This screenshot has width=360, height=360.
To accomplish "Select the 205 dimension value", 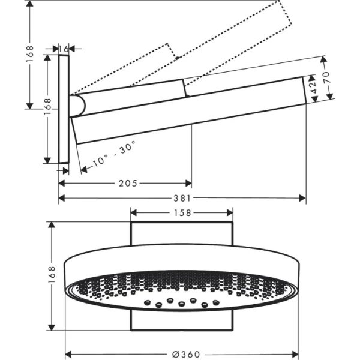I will [x=128, y=182].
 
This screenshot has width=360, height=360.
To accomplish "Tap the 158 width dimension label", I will [x=182, y=212].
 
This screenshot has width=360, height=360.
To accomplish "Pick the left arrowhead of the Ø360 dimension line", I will [x=68, y=354].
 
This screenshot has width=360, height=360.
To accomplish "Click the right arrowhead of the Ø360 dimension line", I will [x=296, y=354].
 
